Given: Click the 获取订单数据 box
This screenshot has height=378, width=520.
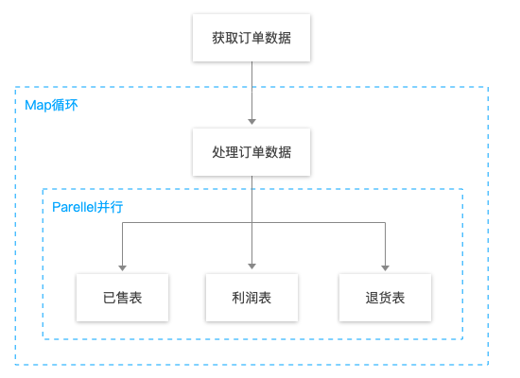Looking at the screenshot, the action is pos(251,38).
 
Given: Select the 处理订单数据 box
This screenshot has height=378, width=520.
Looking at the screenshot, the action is pos(251,152).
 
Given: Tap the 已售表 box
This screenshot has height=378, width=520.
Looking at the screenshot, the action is pos(122,298).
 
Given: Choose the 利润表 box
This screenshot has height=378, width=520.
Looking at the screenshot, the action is pos(251,298).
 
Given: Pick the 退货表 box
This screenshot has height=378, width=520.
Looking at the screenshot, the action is pos(385,298).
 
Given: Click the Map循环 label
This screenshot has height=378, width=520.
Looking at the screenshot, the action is pos(51,105).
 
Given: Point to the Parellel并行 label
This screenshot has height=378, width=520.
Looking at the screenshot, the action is pos(88,207).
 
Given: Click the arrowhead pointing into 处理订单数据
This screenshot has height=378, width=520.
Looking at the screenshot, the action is pos(252,122).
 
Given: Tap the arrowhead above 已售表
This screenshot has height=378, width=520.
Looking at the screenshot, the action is pos(122,268).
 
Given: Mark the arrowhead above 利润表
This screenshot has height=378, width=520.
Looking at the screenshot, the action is pos(252,266).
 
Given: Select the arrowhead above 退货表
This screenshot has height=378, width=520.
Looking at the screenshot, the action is pos(385,268).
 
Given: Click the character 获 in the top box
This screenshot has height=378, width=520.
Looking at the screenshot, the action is pos(219,38).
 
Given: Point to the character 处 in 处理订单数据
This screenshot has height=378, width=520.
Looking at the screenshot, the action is pos(219,152).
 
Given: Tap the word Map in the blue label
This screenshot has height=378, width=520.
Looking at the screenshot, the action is pos(38,106).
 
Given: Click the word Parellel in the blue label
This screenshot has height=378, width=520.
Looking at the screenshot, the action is pos(75,207).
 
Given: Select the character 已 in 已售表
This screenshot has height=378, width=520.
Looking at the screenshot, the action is pos(110,298).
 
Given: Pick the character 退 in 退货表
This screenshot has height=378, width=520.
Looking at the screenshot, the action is pos(373,298).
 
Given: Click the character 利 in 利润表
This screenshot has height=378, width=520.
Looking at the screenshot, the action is pos(239,298).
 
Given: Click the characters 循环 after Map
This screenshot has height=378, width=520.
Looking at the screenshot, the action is pos(65,105).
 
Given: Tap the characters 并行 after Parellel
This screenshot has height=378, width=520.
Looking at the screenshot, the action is pos(110,207).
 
